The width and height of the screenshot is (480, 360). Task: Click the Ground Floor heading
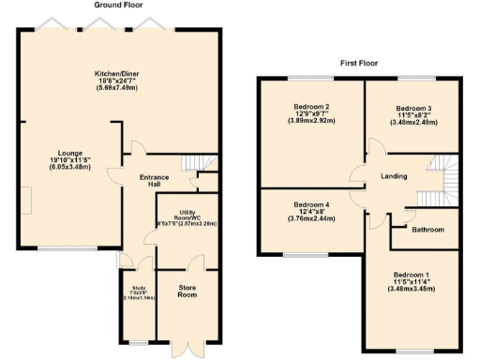click(117, 6)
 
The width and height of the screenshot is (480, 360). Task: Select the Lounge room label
click(43, 153)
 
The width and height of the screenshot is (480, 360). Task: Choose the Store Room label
click(187, 291)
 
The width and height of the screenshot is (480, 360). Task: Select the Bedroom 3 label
click(412, 110)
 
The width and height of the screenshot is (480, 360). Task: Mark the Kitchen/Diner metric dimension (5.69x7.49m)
click(117, 93)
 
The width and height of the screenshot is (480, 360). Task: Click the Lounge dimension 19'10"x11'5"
click(43, 161)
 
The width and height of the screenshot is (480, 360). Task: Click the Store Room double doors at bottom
click(187, 349)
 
